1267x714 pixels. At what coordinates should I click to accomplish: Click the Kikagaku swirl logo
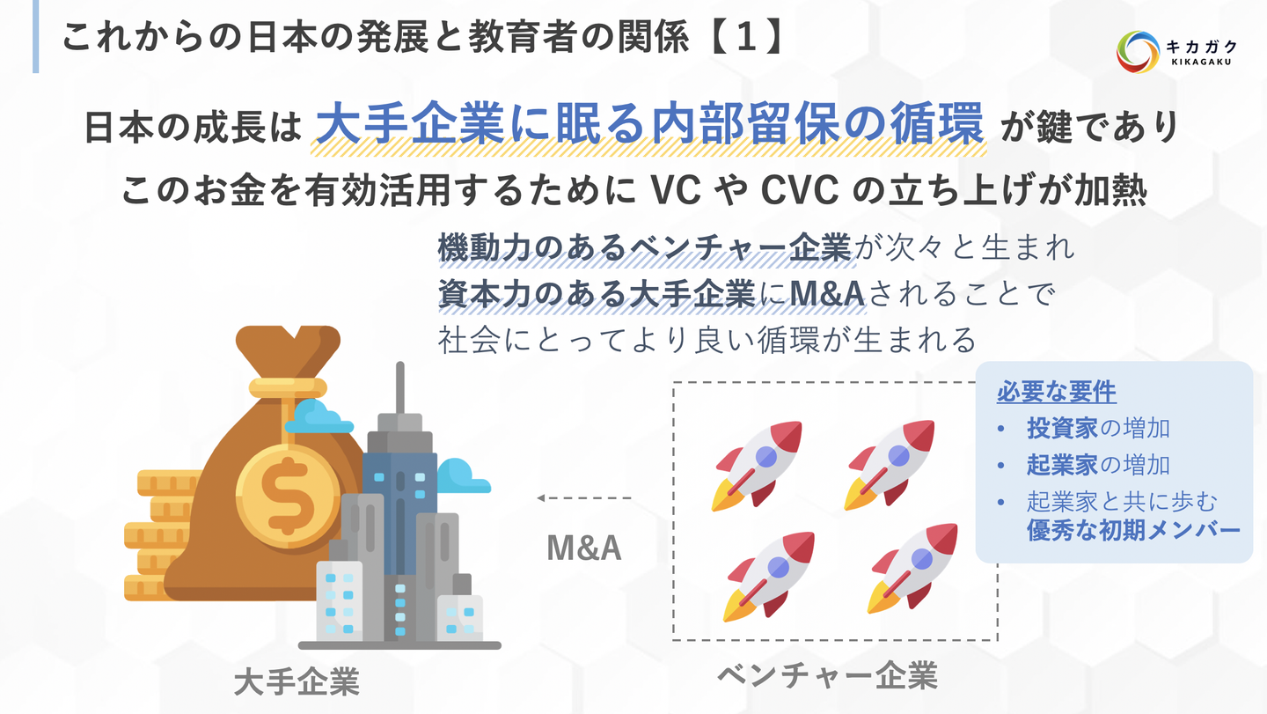1138,52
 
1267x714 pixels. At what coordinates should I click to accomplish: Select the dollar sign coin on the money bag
288,497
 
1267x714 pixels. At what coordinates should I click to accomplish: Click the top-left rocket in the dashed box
757,466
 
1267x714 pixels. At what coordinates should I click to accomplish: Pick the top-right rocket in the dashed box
890,465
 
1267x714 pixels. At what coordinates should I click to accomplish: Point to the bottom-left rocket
769,577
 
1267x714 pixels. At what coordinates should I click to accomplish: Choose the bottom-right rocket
912,569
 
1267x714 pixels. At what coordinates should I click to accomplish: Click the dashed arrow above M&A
584,498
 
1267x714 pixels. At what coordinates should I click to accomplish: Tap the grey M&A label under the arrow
584,548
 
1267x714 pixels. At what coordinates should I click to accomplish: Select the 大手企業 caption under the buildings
297,681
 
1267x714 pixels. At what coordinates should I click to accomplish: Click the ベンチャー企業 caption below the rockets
827,675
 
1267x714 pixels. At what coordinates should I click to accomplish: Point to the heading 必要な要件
1057,392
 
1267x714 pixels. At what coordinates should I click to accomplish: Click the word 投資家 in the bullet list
1062,428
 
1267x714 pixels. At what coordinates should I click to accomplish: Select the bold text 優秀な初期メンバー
1133,530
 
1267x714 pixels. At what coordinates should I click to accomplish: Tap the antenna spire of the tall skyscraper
399,387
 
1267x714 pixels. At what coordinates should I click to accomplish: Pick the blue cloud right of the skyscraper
463,476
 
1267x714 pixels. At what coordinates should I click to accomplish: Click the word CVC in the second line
799,190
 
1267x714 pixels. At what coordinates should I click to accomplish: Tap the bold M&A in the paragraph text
827,294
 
